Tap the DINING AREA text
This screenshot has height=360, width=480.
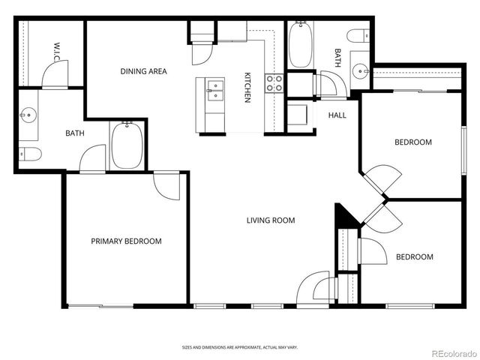point(143,72)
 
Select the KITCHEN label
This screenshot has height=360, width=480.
point(247,88)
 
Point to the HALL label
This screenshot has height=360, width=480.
point(337,115)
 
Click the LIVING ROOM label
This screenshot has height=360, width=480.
point(271,220)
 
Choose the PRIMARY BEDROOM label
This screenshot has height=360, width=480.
point(126,241)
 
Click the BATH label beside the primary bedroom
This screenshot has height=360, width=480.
point(74,133)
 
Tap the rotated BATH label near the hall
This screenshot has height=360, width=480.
point(337,58)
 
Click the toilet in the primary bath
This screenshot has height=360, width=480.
point(30,154)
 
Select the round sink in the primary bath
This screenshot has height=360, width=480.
point(29,116)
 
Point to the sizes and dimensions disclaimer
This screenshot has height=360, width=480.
point(239,347)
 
